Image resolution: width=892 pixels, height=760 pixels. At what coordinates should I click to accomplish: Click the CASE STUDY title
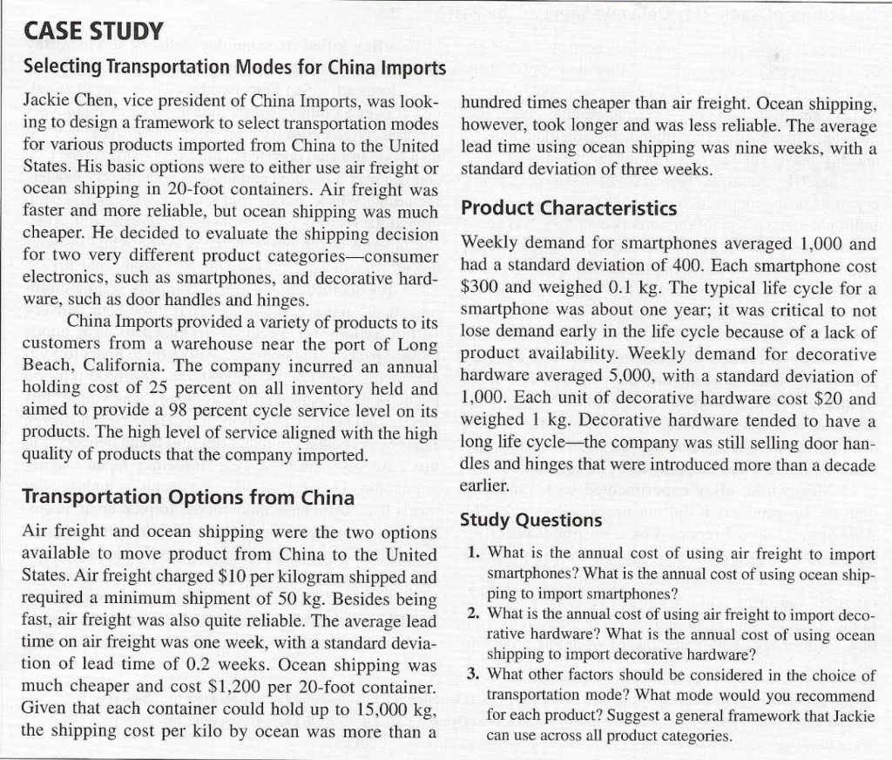click(92, 31)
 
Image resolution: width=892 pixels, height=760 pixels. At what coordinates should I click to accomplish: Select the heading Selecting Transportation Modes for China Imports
click(233, 66)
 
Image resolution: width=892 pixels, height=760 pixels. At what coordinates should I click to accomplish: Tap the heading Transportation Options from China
click(187, 498)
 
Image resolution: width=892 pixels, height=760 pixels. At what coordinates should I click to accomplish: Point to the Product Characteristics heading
click(568, 208)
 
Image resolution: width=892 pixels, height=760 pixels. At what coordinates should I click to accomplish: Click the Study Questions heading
click(530, 519)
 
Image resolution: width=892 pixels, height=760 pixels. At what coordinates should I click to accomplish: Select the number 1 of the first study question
click(471, 554)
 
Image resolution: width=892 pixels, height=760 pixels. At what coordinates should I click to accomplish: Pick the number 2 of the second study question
click(471, 615)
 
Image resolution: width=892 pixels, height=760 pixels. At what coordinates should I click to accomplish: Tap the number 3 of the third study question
click(471, 675)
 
